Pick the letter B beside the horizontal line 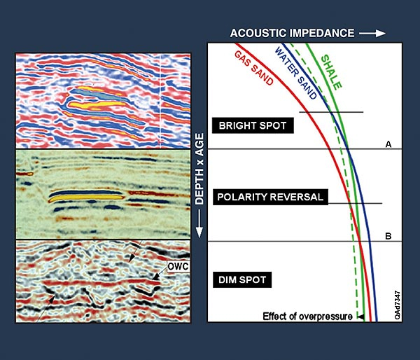click(x=387, y=236)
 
